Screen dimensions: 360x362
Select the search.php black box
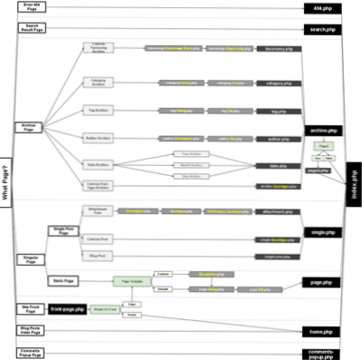321,29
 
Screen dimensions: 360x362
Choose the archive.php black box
321,131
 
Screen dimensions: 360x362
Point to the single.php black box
321,232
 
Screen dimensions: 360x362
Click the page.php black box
321,283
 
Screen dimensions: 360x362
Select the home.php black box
321,331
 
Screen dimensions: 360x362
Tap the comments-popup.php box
321,353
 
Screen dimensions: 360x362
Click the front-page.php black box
66,309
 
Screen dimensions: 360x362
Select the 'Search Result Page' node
31,29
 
